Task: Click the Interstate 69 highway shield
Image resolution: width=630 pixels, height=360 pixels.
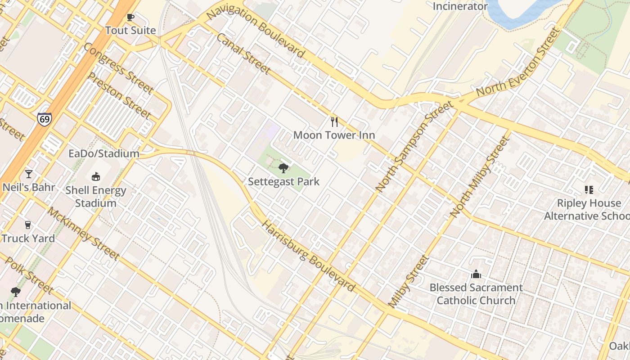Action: [45, 119]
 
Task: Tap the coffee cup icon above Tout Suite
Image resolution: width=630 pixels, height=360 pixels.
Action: [130, 18]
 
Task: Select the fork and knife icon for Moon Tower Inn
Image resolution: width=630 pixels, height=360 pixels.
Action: [334, 121]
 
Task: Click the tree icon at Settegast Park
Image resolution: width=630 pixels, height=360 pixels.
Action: [283, 168]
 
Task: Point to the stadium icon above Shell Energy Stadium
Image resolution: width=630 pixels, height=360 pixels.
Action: [96, 177]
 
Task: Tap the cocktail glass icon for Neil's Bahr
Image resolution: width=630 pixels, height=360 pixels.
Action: [29, 174]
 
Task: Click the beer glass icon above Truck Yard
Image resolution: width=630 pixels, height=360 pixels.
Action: [28, 225]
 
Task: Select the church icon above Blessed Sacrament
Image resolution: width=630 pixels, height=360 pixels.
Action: [476, 274]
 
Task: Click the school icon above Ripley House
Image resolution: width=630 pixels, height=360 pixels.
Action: [589, 190]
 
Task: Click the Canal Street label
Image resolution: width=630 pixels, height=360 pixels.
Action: [243, 54]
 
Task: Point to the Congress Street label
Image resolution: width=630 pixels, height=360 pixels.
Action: [118, 68]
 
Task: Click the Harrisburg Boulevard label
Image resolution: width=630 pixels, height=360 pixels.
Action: [308, 256]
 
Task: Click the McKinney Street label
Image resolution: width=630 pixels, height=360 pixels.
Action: [84, 234]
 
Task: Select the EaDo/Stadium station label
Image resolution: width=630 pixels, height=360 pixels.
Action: [104, 153]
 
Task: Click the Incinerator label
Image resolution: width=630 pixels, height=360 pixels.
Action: [460, 6]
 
